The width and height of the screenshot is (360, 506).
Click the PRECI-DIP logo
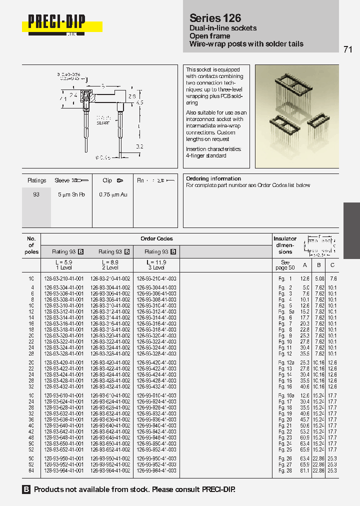56,22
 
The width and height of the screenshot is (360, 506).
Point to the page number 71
348,49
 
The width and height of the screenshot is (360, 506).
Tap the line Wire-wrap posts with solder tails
246,44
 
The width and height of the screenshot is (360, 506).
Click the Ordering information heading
213,178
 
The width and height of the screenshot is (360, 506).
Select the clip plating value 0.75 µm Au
113,194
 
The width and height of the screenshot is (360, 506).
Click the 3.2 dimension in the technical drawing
140,146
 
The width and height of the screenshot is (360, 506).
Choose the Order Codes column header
157,239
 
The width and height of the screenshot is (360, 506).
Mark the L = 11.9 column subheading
156,262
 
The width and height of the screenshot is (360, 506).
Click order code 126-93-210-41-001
64,278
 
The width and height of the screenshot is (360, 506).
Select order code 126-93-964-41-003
156,470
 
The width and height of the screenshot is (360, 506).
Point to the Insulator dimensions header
285,245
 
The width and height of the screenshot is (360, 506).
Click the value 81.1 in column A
305,470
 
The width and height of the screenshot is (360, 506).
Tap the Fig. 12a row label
286,362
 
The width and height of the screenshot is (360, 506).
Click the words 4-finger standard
206,156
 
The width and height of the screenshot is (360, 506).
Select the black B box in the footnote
26,489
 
